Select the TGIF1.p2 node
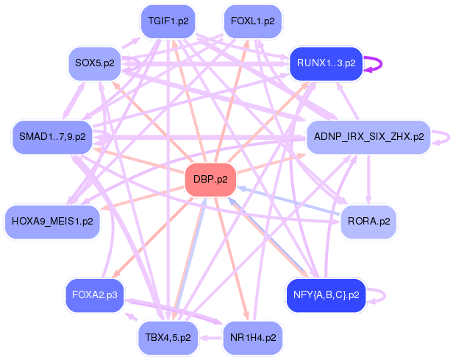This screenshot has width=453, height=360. (x=168, y=21)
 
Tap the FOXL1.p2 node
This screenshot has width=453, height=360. (x=252, y=21)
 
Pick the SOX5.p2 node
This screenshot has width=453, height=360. (x=95, y=63)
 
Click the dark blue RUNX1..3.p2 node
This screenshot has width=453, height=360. (x=326, y=63)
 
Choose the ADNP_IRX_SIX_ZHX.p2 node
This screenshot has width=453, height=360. (x=368, y=137)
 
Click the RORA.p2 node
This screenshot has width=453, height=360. (x=368, y=220)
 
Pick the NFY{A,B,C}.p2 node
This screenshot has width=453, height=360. (x=325, y=295)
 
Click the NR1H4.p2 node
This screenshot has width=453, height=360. (x=252, y=338)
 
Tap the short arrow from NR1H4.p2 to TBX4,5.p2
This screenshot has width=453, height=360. (x=211, y=338)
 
